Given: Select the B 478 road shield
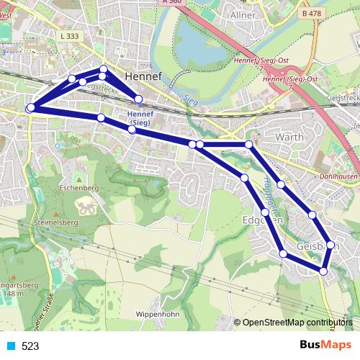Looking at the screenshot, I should (x=312, y=13).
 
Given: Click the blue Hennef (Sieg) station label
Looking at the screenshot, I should (x=138, y=118).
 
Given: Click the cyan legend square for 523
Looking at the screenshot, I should (x=10, y=346).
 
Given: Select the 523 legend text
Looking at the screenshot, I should (x=30, y=346).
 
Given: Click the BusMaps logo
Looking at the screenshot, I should (x=322, y=346).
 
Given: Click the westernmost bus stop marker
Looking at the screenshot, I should (x=30, y=108).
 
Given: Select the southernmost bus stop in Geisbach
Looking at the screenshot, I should (x=324, y=271).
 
